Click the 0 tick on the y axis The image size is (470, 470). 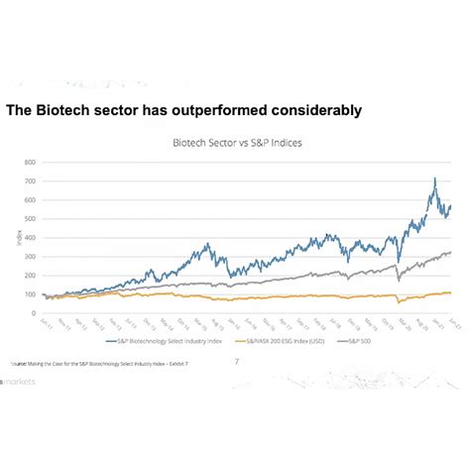(x=33, y=312)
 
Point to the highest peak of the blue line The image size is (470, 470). (x=433, y=179)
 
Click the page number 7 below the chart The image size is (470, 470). (x=236, y=360)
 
